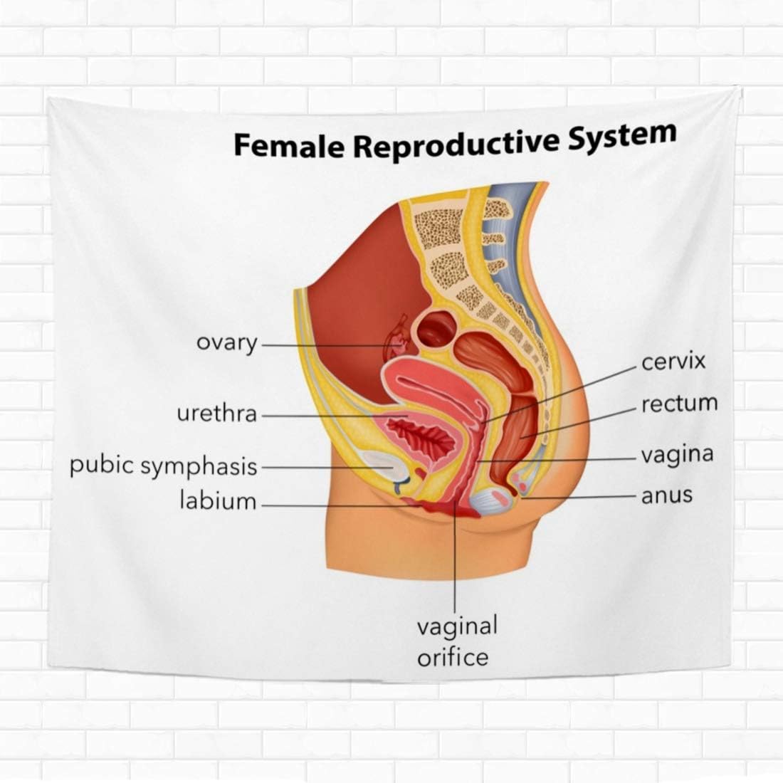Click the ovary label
click(x=227, y=342)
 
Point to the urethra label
click(x=216, y=414)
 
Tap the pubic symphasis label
click(x=163, y=466)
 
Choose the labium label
click(x=217, y=500)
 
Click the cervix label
click(x=673, y=362)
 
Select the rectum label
click(x=679, y=404)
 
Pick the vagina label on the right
click(x=677, y=453)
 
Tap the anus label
click(x=666, y=495)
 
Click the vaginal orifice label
click(x=456, y=641)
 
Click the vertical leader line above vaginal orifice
click(x=456, y=562)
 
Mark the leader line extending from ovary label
click(x=320, y=345)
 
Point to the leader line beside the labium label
click(x=335, y=505)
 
